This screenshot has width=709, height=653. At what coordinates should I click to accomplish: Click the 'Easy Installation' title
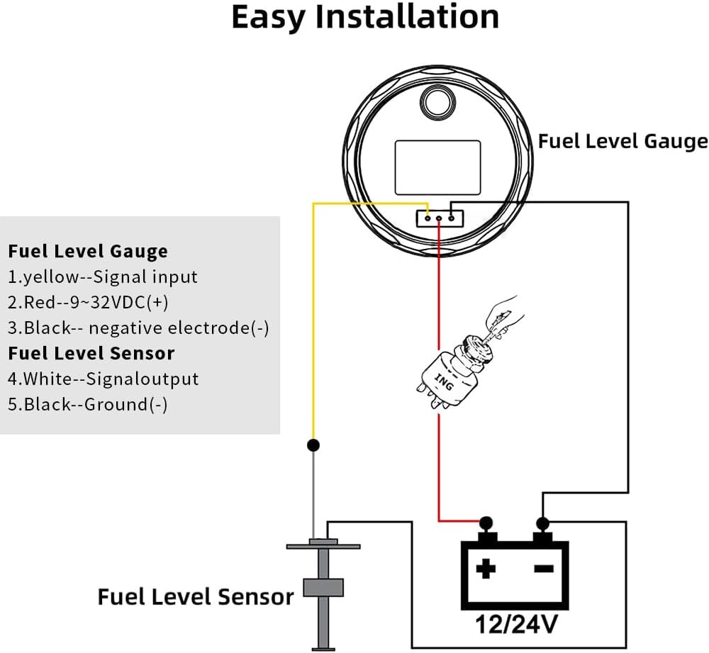(365, 17)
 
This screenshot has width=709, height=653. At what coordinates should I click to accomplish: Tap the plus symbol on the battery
(486, 569)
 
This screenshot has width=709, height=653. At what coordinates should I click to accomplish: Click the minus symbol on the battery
(544, 569)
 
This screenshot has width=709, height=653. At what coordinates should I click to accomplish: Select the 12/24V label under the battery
(515, 624)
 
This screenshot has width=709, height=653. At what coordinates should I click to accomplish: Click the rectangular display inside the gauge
(437, 167)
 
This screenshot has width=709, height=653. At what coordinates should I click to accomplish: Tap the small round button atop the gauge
(437, 101)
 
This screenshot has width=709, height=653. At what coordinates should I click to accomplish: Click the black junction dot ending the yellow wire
(313, 445)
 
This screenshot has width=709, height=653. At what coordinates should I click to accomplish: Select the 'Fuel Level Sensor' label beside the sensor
(196, 596)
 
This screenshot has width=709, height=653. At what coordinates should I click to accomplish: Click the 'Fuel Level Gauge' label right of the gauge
(623, 141)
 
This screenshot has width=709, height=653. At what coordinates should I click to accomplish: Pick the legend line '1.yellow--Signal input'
(103, 277)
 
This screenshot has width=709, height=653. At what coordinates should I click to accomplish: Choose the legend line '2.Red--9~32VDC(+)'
(88, 302)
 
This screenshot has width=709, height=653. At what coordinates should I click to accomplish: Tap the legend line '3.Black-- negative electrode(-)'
(138, 328)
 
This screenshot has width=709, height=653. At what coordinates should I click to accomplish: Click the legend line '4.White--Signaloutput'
(103, 379)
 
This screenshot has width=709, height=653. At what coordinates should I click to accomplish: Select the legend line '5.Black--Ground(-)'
(88, 404)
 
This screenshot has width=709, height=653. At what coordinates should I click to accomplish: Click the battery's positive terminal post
(486, 529)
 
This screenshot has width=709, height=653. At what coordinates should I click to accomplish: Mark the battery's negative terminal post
(542, 529)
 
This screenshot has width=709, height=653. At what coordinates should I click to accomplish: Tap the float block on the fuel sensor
(323, 588)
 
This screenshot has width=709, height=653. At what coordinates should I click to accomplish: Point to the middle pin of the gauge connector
(439, 218)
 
